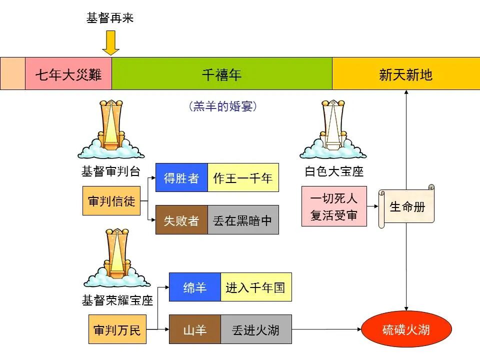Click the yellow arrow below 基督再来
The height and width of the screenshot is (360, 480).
tap(110, 43)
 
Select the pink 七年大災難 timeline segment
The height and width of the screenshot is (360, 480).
tap(68, 74)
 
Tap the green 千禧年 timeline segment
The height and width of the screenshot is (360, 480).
tap(221, 74)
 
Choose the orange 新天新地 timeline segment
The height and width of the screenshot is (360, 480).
tap(405, 74)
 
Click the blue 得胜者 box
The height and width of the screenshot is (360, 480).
tap(181, 177)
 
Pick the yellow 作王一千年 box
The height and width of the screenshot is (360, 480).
tap(243, 177)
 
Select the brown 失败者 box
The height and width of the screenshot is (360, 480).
tap(181, 220)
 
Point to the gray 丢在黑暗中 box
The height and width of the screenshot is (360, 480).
tap(243, 220)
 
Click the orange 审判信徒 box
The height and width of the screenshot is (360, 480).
tap(111, 201)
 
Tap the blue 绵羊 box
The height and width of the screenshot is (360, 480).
tap(194, 287)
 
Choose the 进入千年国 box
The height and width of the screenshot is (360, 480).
tap(255, 287)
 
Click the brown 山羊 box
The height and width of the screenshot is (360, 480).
tap(194, 329)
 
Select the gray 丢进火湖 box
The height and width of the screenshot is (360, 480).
tap(255, 329)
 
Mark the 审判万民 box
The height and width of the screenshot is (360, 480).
tap(117, 329)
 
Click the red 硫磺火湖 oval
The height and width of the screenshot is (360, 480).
tap(406, 329)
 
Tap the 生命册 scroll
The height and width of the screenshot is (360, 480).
tap(406, 206)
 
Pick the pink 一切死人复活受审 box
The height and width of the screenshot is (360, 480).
tap(334, 206)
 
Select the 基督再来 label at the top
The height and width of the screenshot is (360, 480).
tap(110, 18)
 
